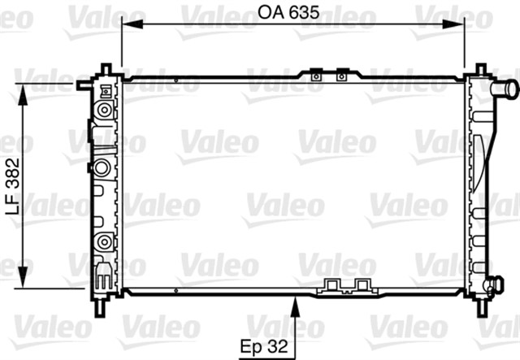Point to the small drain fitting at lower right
[490, 284]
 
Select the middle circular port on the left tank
[102, 168]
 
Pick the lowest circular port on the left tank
[102, 241]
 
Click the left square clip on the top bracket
[315, 76]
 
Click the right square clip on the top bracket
[340, 76]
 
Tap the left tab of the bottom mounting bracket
[332, 284]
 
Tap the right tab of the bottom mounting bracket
[362, 284]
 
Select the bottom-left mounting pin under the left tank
[100, 307]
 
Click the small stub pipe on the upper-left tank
[82, 84]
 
